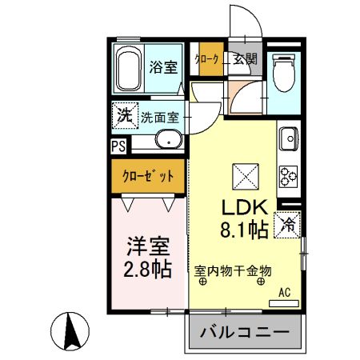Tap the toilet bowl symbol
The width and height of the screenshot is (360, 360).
click(283, 74)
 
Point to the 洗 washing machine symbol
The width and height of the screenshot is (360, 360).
click(124, 115)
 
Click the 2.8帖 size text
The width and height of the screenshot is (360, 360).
click(147, 268)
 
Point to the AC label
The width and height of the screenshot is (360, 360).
click(284, 293)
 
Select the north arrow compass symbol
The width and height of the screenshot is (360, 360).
click(70, 331)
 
